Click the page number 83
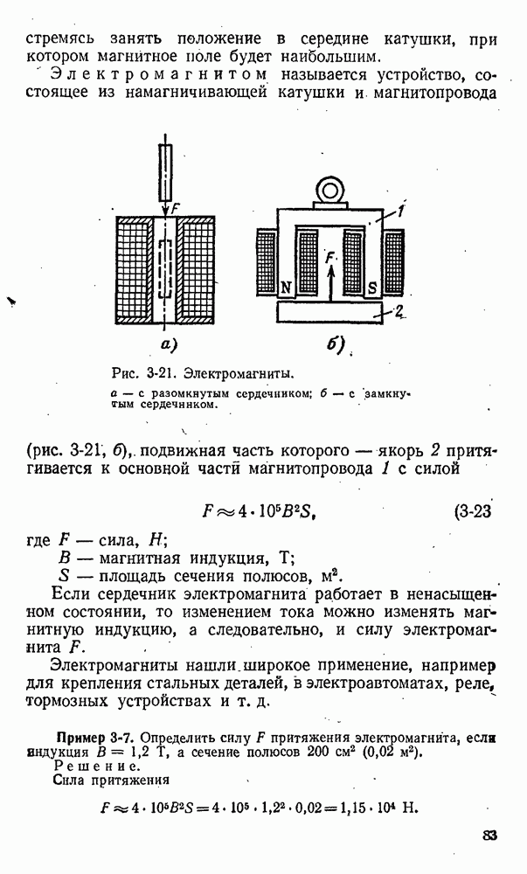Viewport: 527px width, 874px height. click(489, 836)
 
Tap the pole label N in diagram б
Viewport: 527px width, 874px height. click(287, 287)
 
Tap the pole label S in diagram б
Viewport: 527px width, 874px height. click(371, 287)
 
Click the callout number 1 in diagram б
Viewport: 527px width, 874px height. click(399, 210)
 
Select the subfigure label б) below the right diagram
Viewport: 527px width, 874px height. click(336, 345)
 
